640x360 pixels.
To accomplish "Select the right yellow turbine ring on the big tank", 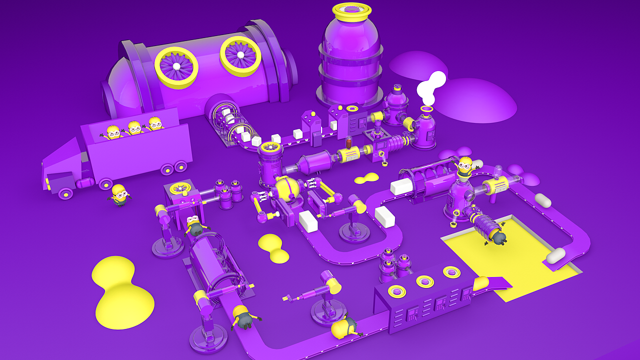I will click(240, 56).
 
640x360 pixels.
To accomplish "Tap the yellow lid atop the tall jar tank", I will click(351, 11).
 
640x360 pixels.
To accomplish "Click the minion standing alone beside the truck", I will click(119, 194).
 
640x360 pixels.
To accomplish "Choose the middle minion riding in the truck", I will click(134, 128).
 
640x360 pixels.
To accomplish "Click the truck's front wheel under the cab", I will click(65, 192).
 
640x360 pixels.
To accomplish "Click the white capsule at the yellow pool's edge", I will click(555, 255).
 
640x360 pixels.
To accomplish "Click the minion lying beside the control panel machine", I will click(344, 327).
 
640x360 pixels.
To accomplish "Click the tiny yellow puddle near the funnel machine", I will click(367, 178).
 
